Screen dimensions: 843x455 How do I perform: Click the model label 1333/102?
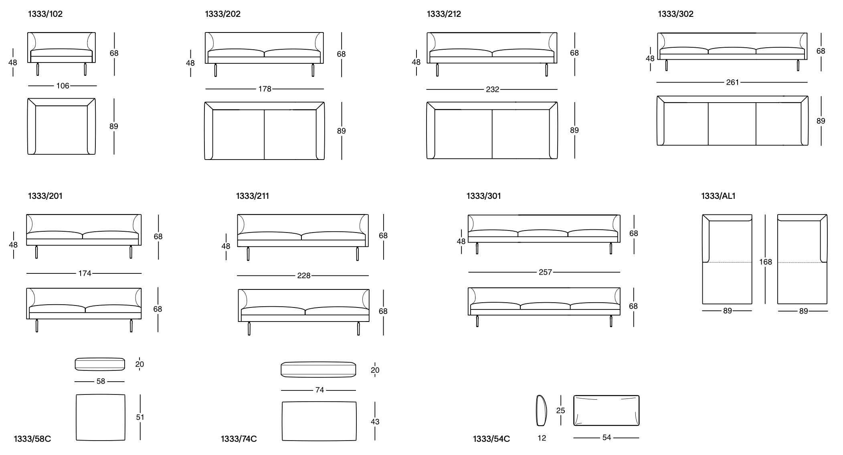pos(45,14)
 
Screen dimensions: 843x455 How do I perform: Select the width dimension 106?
pos(63,86)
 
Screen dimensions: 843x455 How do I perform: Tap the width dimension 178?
pos(265,89)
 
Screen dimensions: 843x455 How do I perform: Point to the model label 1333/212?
pos(444,14)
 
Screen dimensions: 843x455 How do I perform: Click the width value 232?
pos(492,89)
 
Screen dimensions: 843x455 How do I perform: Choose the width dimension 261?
pos(732,83)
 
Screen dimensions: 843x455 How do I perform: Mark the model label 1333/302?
pos(675,14)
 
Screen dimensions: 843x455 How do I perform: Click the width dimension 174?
pos(85,273)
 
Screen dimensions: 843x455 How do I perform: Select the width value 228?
pos(304,276)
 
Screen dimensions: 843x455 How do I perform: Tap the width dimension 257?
pos(545,272)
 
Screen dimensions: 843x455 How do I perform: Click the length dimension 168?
pos(765,262)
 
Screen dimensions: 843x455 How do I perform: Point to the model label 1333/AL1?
pos(718,196)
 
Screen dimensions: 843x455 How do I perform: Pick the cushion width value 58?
pos(101,381)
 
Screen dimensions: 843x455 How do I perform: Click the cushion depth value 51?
pos(140,417)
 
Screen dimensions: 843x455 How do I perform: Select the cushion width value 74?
pos(319,390)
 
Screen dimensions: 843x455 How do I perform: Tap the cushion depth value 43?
pos(375,422)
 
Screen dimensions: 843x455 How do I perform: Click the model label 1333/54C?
pos(491,439)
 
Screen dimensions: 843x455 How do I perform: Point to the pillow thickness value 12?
pos(542,438)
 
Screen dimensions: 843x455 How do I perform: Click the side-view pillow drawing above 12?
pos(542,411)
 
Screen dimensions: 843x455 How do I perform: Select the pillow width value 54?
pos(606,438)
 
